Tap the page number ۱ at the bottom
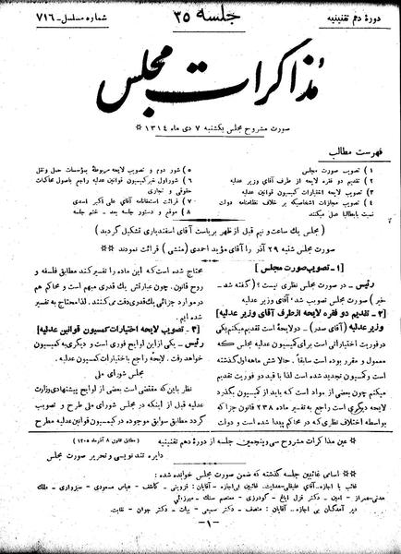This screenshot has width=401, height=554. (x=200, y=541)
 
